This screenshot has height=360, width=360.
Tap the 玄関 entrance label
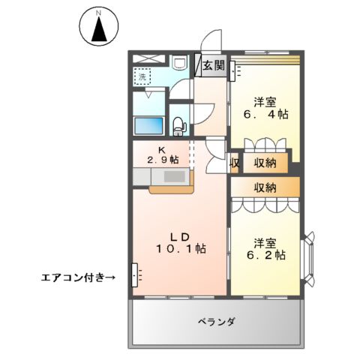click(213, 65)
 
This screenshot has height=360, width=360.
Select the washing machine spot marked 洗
click(142, 76)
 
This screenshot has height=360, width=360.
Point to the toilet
click(178, 125)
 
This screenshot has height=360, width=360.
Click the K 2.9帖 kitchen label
click(162, 154)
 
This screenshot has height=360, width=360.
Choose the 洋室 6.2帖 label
click(268, 249)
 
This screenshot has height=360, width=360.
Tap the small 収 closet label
click(235, 162)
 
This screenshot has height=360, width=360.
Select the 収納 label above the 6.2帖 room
click(265, 187)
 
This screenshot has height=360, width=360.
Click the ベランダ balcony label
click(217, 322)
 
